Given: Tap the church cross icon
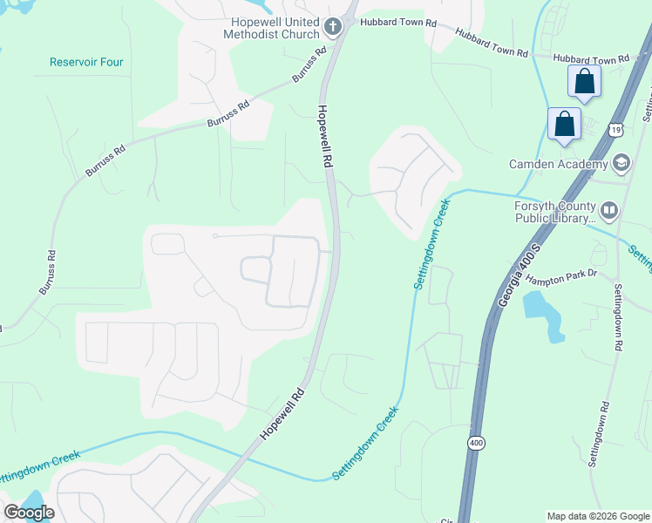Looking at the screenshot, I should coord(331,28).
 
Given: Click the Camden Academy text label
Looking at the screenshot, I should coord(559,164).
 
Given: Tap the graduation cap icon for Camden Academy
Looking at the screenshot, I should coord(621,163).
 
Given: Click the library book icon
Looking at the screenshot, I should coord(608,210).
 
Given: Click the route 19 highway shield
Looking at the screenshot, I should coord(616,129).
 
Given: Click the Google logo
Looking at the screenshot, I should coord(29,512).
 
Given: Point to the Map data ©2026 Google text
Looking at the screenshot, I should coord(597,516).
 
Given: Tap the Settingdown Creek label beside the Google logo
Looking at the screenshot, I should coord(39,466).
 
